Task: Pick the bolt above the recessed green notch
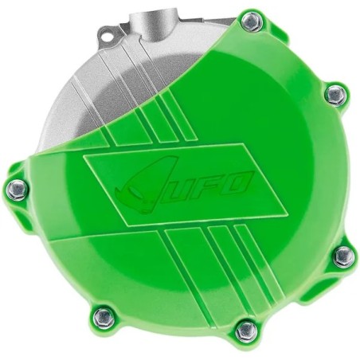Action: pyautogui.click(x=343, y=256)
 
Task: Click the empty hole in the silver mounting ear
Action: pyautogui.click(x=107, y=35)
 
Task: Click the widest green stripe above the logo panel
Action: pyautogui.click(x=159, y=119)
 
